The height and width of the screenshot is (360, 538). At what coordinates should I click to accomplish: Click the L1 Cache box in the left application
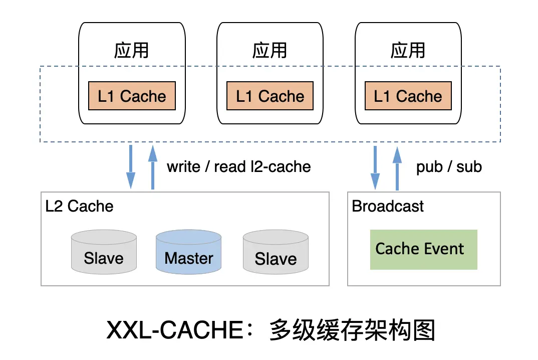(x=132, y=96)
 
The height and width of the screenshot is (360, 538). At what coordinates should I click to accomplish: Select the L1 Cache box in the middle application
(x=270, y=96)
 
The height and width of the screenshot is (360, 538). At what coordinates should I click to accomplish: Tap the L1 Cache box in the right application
(x=408, y=96)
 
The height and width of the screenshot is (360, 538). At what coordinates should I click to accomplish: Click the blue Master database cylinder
(x=189, y=253)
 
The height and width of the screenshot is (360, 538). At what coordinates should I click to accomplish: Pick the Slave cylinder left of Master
(x=104, y=253)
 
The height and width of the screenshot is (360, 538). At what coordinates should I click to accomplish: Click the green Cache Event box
(x=423, y=250)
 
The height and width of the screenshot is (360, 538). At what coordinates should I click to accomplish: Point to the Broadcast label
(x=388, y=206)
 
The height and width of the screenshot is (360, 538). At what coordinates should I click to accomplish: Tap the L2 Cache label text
(x=79, y=206)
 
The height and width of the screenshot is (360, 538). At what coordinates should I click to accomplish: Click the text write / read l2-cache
(x=238, y=167)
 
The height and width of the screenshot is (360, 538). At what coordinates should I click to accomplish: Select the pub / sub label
(x=449, y=167)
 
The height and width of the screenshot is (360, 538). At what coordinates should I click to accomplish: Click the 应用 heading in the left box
(x=132, y=51)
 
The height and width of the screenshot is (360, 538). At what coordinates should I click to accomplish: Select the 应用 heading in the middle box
(x=270, y=51)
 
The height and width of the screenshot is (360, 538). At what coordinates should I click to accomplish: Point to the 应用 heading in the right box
(x=408, y=51)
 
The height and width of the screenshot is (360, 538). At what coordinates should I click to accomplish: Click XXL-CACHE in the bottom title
(x=178, y=331)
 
